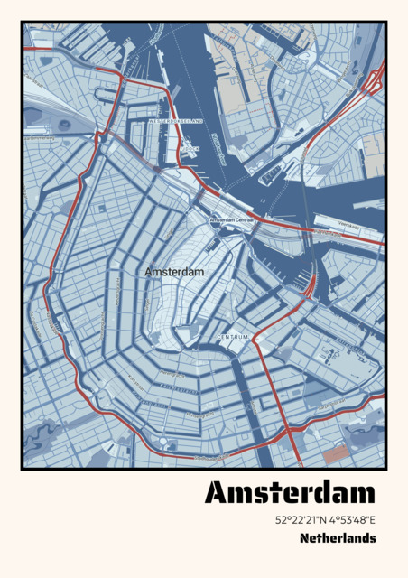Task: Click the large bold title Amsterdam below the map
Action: (x=290, y=493)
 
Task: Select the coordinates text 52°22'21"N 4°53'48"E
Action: (x=325, y=520)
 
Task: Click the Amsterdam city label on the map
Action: (x=174, y=271)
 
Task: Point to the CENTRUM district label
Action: (x=232, y=337)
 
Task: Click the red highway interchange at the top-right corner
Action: (x=371, y=78)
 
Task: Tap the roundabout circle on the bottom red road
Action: (x=162, y=442)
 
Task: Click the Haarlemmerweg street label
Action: (x=41, y=140)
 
